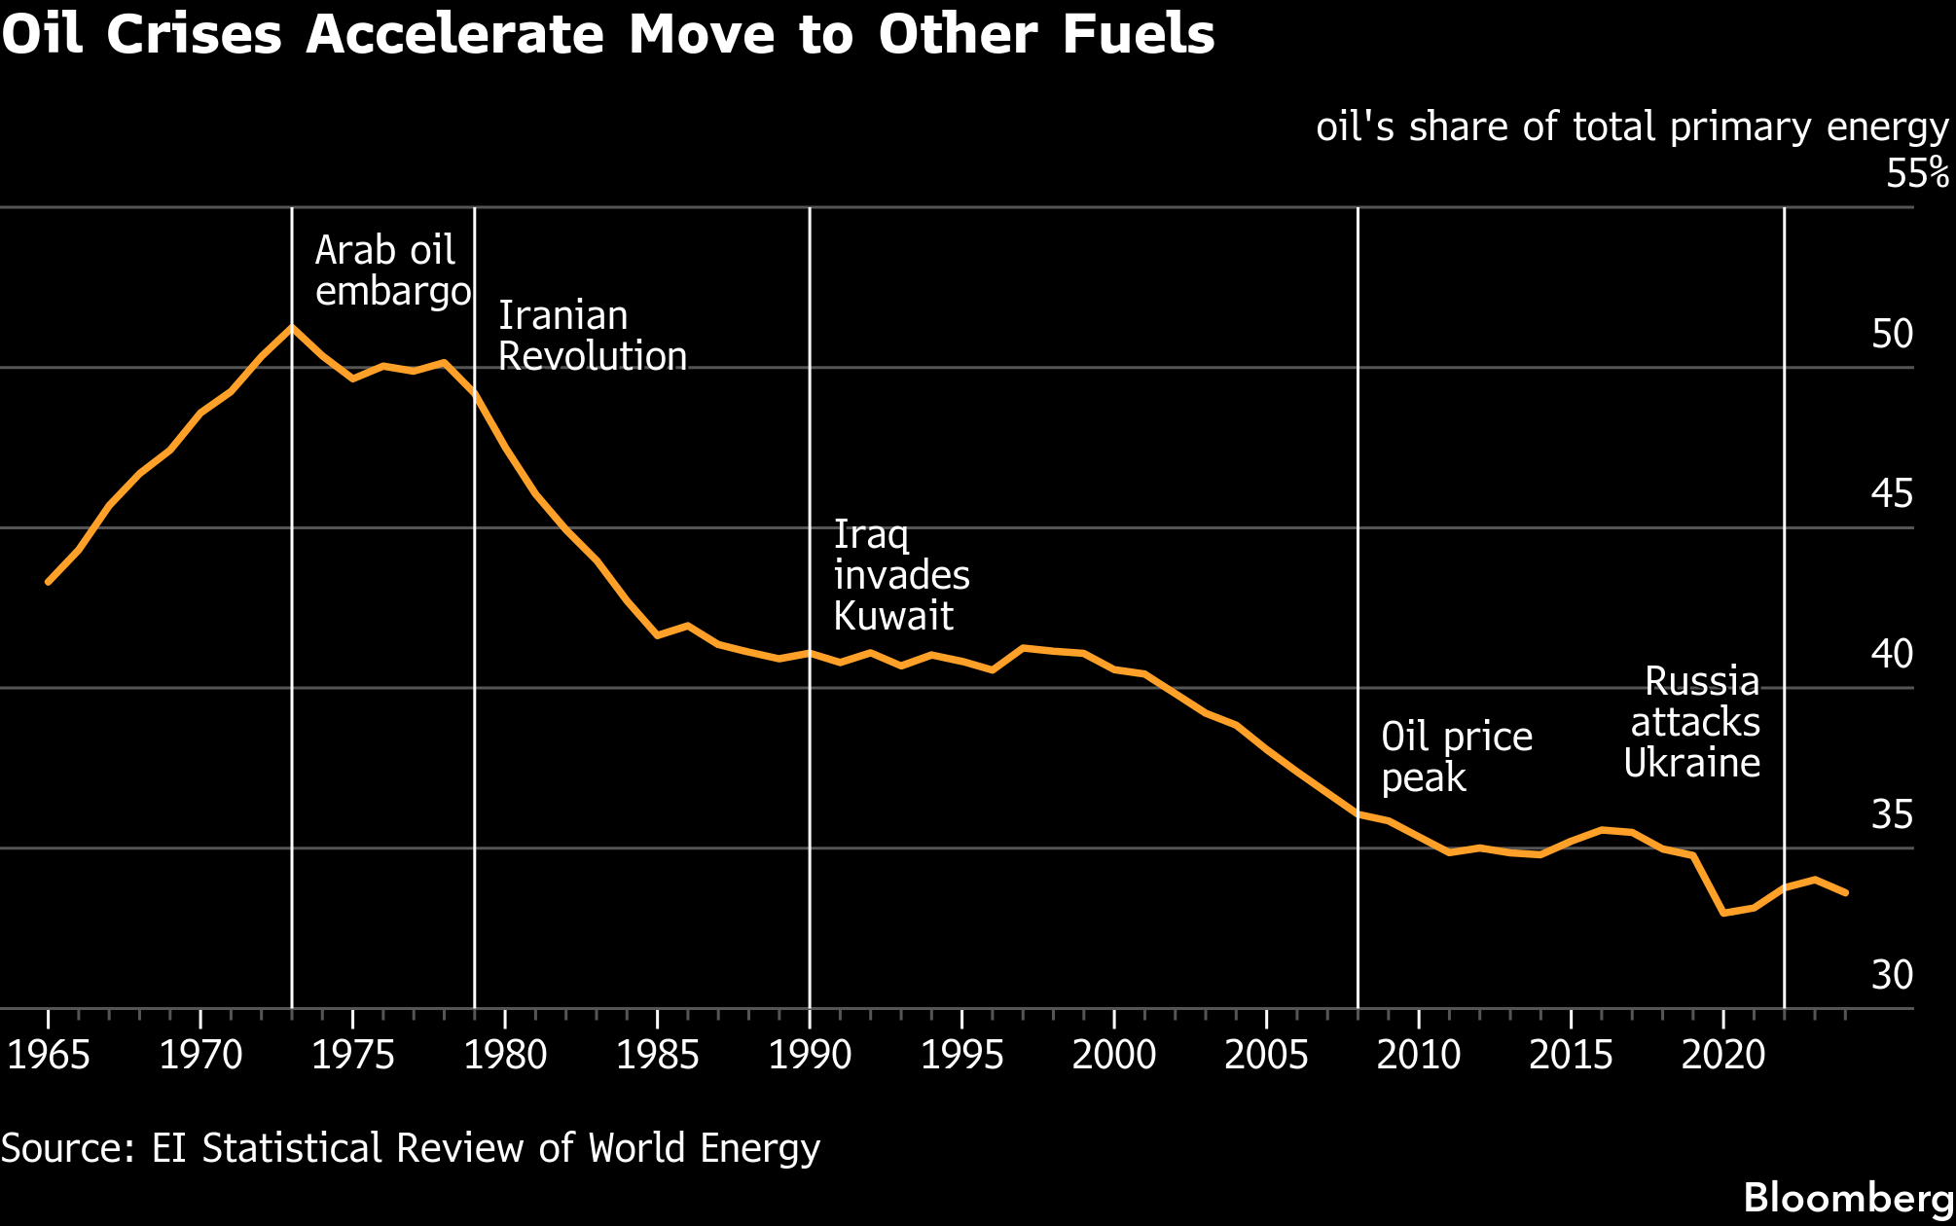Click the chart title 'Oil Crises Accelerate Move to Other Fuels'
coord(608,35)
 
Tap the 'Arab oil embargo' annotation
coord(392,271)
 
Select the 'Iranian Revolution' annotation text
coord(592,337)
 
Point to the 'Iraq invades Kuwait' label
coord(901,575)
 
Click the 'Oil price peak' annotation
coord(1456,757)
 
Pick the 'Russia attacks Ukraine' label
coord(1693,722)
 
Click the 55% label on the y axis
coord(1916,174)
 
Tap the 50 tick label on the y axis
coord(1892,335)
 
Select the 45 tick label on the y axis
coord(1892,494)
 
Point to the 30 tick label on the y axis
coord(1892,975)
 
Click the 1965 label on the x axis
coord(49,1055)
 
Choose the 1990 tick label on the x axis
coord(810,1055)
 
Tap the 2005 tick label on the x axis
coord(1266,1055)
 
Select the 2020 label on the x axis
coord(1722,1055)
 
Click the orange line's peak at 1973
coord(292,327)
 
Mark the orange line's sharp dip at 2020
coord(1723,913)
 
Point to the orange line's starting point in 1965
coord(49,582)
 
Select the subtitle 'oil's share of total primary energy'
coord(1632,127)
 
